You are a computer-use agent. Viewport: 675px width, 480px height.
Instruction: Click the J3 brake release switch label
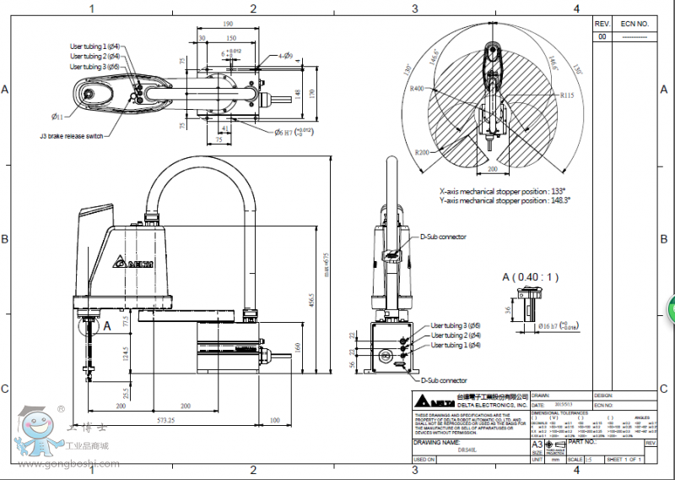71,135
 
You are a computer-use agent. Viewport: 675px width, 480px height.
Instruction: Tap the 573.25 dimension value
165,419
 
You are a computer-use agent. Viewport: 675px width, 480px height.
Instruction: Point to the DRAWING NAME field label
435,442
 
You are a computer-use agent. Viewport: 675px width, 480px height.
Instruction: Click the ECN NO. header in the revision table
634,25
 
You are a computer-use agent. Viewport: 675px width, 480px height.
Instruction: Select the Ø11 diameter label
57,115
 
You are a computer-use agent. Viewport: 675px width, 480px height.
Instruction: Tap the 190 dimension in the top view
228,25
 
